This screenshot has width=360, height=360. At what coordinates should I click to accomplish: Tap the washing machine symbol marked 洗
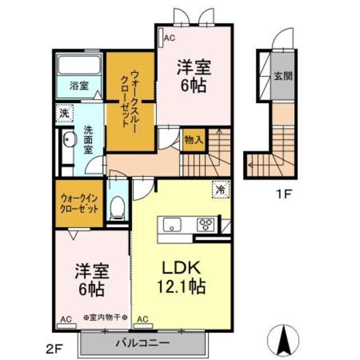(x=64, y=113)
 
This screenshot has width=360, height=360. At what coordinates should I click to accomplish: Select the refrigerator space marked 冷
(x=220, y=190)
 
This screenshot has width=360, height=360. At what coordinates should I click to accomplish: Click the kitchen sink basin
(x=172, y=225)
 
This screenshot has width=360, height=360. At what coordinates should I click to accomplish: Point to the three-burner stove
(x=205, y=224)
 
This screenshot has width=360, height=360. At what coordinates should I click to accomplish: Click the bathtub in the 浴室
(x=79, y=65)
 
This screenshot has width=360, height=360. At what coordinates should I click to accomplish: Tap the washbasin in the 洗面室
(x=69, y=139)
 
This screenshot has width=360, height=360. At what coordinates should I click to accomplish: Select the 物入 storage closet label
(x=193, y=140)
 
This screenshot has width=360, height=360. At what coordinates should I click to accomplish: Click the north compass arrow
(x=284, y=340)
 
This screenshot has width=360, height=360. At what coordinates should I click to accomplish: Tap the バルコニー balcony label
(x=142, y=343)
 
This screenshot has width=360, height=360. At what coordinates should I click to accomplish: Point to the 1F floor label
(x=284, y=195)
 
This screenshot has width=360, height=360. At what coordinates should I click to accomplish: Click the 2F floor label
(x=55, y=350)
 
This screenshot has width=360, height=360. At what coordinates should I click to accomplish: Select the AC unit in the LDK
(x=143, y=326)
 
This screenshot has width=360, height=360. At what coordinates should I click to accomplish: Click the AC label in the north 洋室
(x=169, y=38)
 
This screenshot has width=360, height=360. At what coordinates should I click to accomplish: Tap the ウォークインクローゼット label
(x=79, y=204)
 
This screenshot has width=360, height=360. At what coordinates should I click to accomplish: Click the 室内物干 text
(x=105, y=317)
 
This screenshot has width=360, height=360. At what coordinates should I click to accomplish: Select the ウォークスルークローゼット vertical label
(x=129, y=99)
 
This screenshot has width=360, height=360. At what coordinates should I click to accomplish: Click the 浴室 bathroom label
(x=79, y=86)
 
